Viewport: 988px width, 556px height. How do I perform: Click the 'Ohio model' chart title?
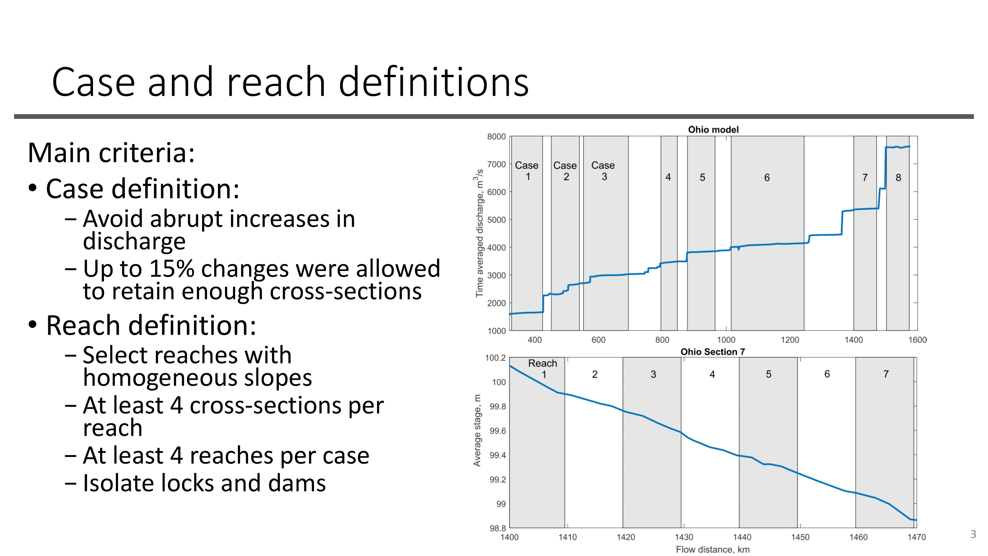(x=713, y=130)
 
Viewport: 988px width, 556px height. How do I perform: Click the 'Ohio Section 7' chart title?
(x=713, y=352)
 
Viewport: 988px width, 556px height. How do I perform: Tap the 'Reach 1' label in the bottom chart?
(x=542, y=368)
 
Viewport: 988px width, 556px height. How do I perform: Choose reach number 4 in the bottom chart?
(x=712, y=374)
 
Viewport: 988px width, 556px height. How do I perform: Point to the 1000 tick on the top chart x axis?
(x=726, y=340)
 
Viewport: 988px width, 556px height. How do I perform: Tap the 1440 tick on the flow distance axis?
(x=742, y=537)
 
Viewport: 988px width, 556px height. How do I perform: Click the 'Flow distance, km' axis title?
(x=713, y=550)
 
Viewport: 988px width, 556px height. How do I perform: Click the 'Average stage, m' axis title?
(x=477, y=430)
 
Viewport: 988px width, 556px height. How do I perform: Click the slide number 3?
(x=973, y=534)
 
